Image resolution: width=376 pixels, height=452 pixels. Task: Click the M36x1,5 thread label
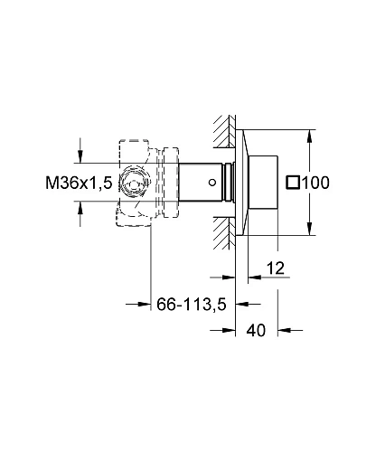(x=79, y=183)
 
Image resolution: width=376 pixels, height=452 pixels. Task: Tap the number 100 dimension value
(x=315, y=183)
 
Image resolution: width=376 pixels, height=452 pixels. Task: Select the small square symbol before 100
(x=293, y=183)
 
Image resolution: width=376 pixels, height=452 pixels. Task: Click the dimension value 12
(x=276, y=268)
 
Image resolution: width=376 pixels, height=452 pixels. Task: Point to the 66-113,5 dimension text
(x=192, y=305)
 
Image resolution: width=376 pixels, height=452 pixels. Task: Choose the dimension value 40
(x=256, y=330)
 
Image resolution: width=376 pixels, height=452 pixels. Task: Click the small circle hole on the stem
(x=212, y=183)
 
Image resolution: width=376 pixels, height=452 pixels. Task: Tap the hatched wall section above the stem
(x=224, y=131)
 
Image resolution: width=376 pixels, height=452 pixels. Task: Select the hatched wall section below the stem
(x=224, y=233)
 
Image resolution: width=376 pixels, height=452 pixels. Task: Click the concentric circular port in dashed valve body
(x=133, y=184)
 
